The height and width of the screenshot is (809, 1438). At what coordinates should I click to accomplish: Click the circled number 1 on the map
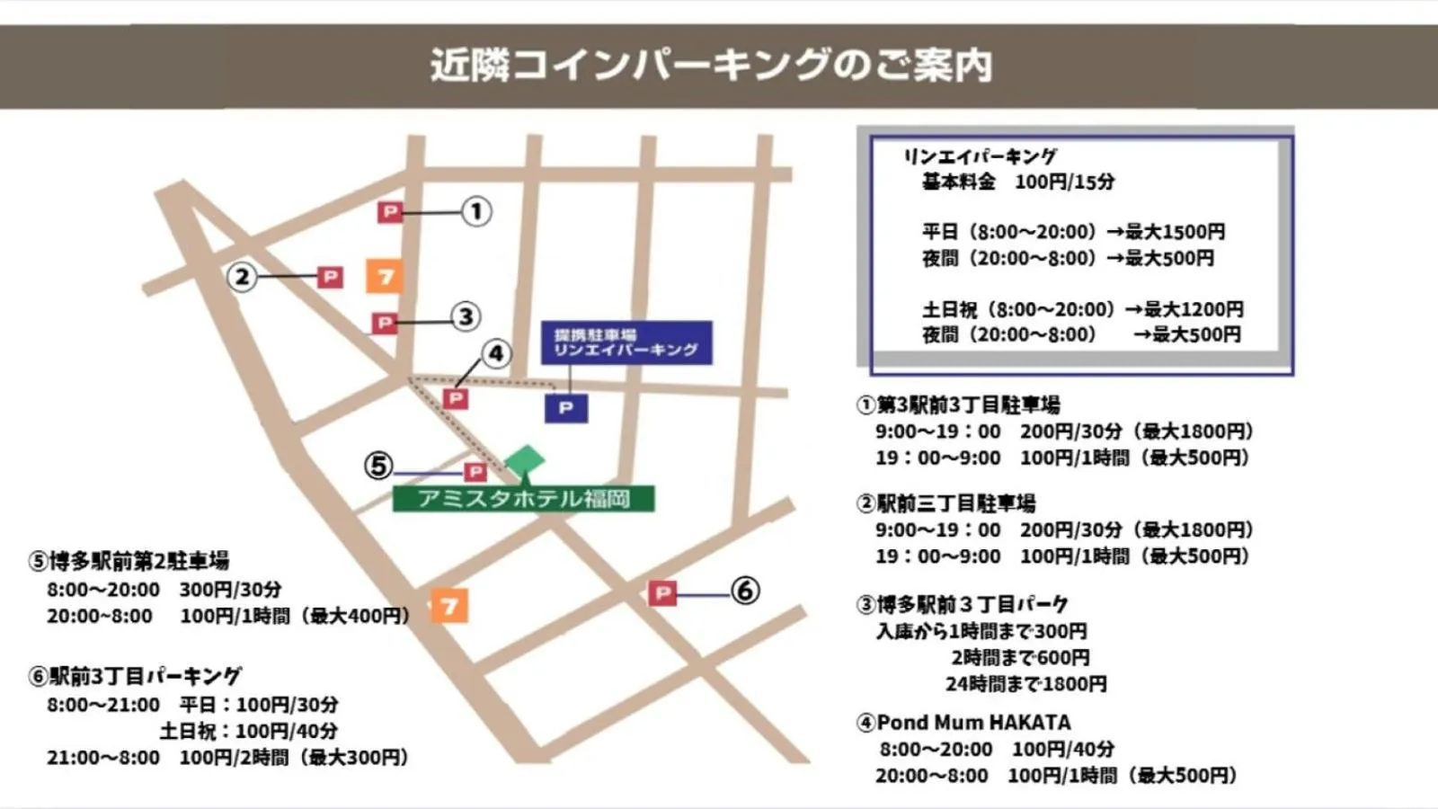pyautogui.click(x=476, y=212)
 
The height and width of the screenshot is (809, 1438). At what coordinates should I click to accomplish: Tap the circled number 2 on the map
pyautogui.click(x=242, y=276)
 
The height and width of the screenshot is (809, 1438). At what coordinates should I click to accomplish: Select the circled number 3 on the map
pyautogui.click(x=466, y=316)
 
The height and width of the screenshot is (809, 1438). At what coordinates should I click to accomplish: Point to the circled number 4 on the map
pyautogui.click(x=496, y=353)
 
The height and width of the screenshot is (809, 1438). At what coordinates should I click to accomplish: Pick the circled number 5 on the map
pyautogui.click(x=378, y=466)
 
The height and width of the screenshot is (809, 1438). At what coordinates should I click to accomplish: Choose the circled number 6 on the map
pyautogui.click(x=744, y=591)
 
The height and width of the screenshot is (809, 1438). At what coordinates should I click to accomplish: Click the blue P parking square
pyautogui.click(x=566, y=408)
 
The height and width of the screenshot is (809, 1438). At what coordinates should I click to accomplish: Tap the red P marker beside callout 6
pyautogui.click(x=662, y=592)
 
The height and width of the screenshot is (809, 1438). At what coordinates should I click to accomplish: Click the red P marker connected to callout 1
pyautogui.click(x=389, y=212)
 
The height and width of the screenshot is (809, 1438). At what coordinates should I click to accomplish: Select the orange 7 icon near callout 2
pyautogui.click(x=385, y=277)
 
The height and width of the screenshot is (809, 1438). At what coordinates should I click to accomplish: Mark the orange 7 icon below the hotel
pyautogui.click(x=449, y=606)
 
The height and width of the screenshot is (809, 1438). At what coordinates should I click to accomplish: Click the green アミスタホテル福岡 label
pyautogui.click(x=523, y=499)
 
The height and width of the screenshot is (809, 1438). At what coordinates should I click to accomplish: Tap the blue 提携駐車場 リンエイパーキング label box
pyautogui.click(x=626, y=342)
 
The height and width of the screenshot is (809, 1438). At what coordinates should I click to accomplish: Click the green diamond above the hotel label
pyautogui.click(x=525, y=459)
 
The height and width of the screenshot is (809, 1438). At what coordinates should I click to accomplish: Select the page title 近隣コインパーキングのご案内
pyautogui.click(x=711, y=66)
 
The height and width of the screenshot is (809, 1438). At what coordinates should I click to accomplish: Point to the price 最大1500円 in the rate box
pyautogui.click(x=1175, y=232)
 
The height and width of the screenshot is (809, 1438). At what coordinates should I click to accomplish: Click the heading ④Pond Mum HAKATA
pyautogui.click(x=963, y=723)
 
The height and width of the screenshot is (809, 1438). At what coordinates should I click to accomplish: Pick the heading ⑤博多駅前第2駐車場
pyautogui.click(x=129, y=562)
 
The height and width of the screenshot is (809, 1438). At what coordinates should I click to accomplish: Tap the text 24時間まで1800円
pyautogui.click(x=1025, y=684)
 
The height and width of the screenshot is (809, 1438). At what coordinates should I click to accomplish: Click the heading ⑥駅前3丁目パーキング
pyautogui.click(x=135, y=676)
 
